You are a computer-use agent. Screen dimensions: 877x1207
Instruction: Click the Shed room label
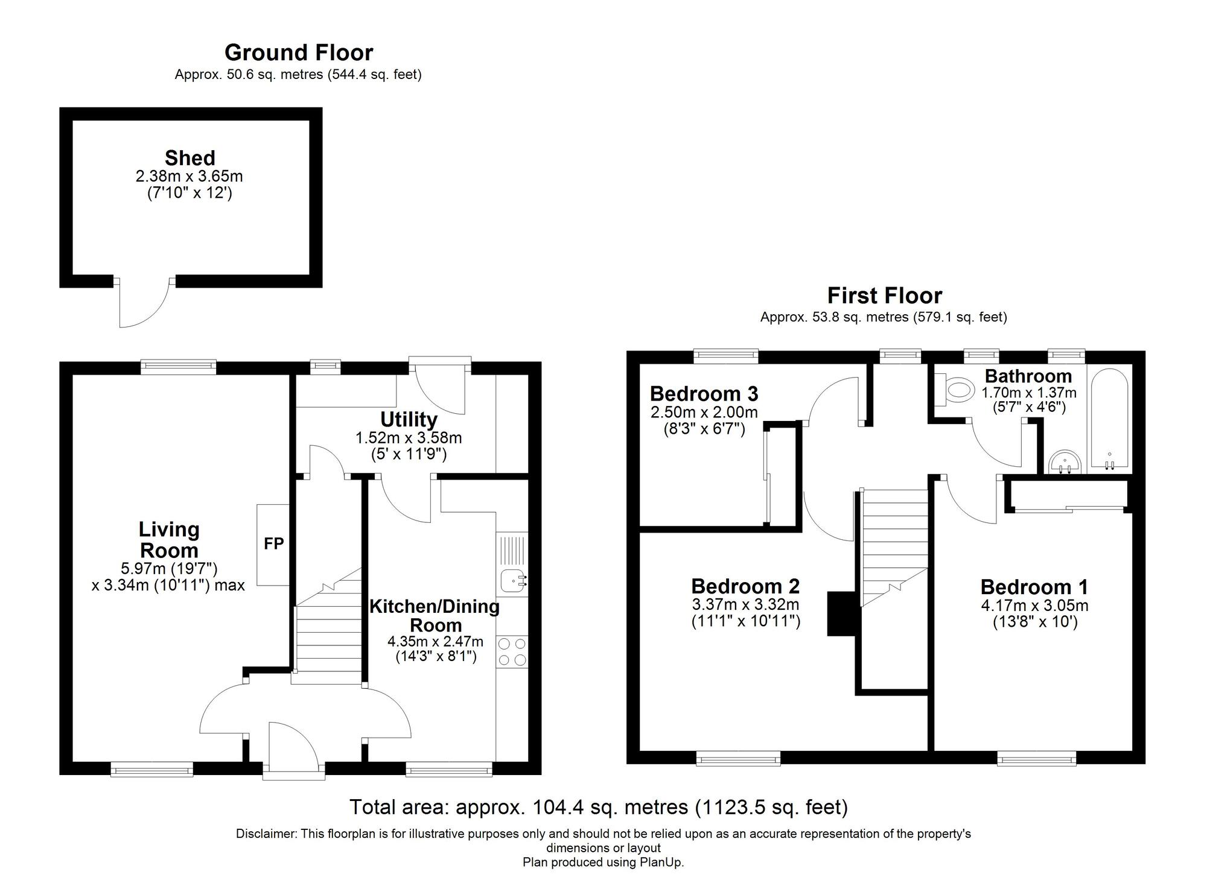click(x=189, y=158)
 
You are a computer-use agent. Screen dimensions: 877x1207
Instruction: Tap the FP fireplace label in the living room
click(x=273, y=544)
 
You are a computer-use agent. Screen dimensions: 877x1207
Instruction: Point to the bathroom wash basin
click(x=1065, y=462)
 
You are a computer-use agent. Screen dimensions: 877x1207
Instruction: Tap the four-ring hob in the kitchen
click(x=512, y=652)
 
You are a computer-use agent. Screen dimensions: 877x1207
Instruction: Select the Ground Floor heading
click(x=299, y=53)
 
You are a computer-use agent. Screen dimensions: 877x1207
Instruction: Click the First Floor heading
click(x=884, y=296)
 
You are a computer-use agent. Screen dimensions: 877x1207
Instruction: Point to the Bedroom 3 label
click(x=704, y=394)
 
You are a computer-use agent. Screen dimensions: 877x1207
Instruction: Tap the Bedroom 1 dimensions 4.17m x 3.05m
click(x=1034, y=605)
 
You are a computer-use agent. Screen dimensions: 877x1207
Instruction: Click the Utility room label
click(x=409, y=419)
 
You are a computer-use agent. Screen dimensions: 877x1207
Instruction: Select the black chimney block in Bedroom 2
click(x=841, y=613)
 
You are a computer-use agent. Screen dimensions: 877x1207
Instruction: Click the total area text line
click(x=599, y=806)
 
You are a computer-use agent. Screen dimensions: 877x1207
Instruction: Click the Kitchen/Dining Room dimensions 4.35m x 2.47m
click(x=435, y=642)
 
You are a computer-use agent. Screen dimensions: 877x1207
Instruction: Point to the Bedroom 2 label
click(x=745, y=586)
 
